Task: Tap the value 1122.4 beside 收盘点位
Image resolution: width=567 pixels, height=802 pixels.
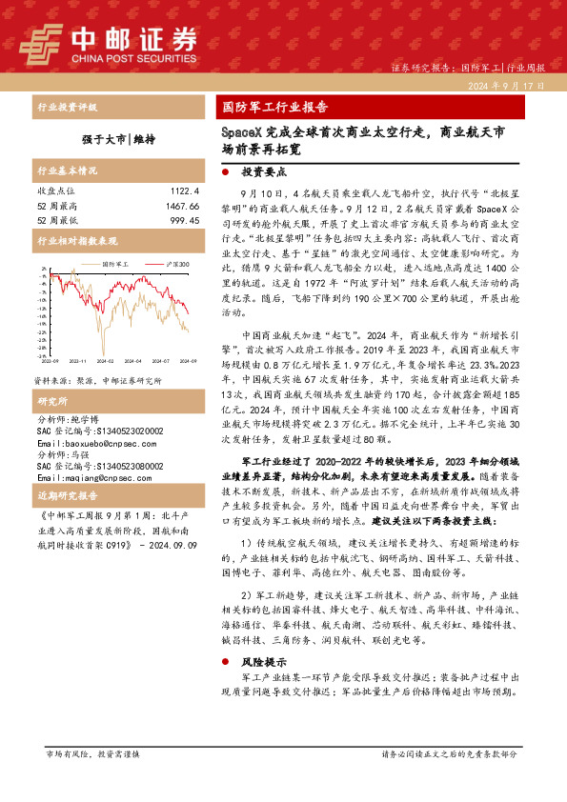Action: pyautogui.click(x=181, y=190)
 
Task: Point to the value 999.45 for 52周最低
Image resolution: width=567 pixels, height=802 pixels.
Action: pyautogui.click(x=181, y=219)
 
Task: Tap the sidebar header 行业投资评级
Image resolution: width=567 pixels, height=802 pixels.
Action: pyautogui.click(x=66, y=107)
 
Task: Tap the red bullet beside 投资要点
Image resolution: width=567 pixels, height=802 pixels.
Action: pyautogui.click(x=224, y=173)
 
